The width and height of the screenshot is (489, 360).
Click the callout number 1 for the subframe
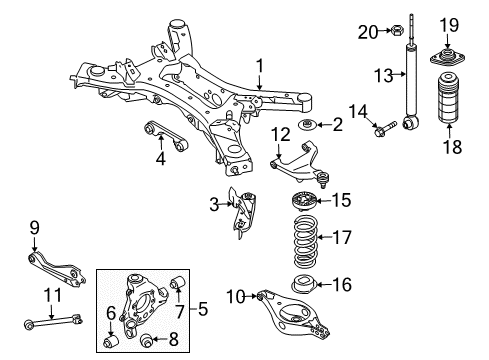click(x=258, y=66)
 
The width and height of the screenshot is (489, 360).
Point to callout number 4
click(x=160, y=157)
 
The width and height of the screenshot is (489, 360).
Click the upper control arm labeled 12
click(x=300, y=161)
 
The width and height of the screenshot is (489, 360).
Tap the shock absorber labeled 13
click(x=410, y=90)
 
